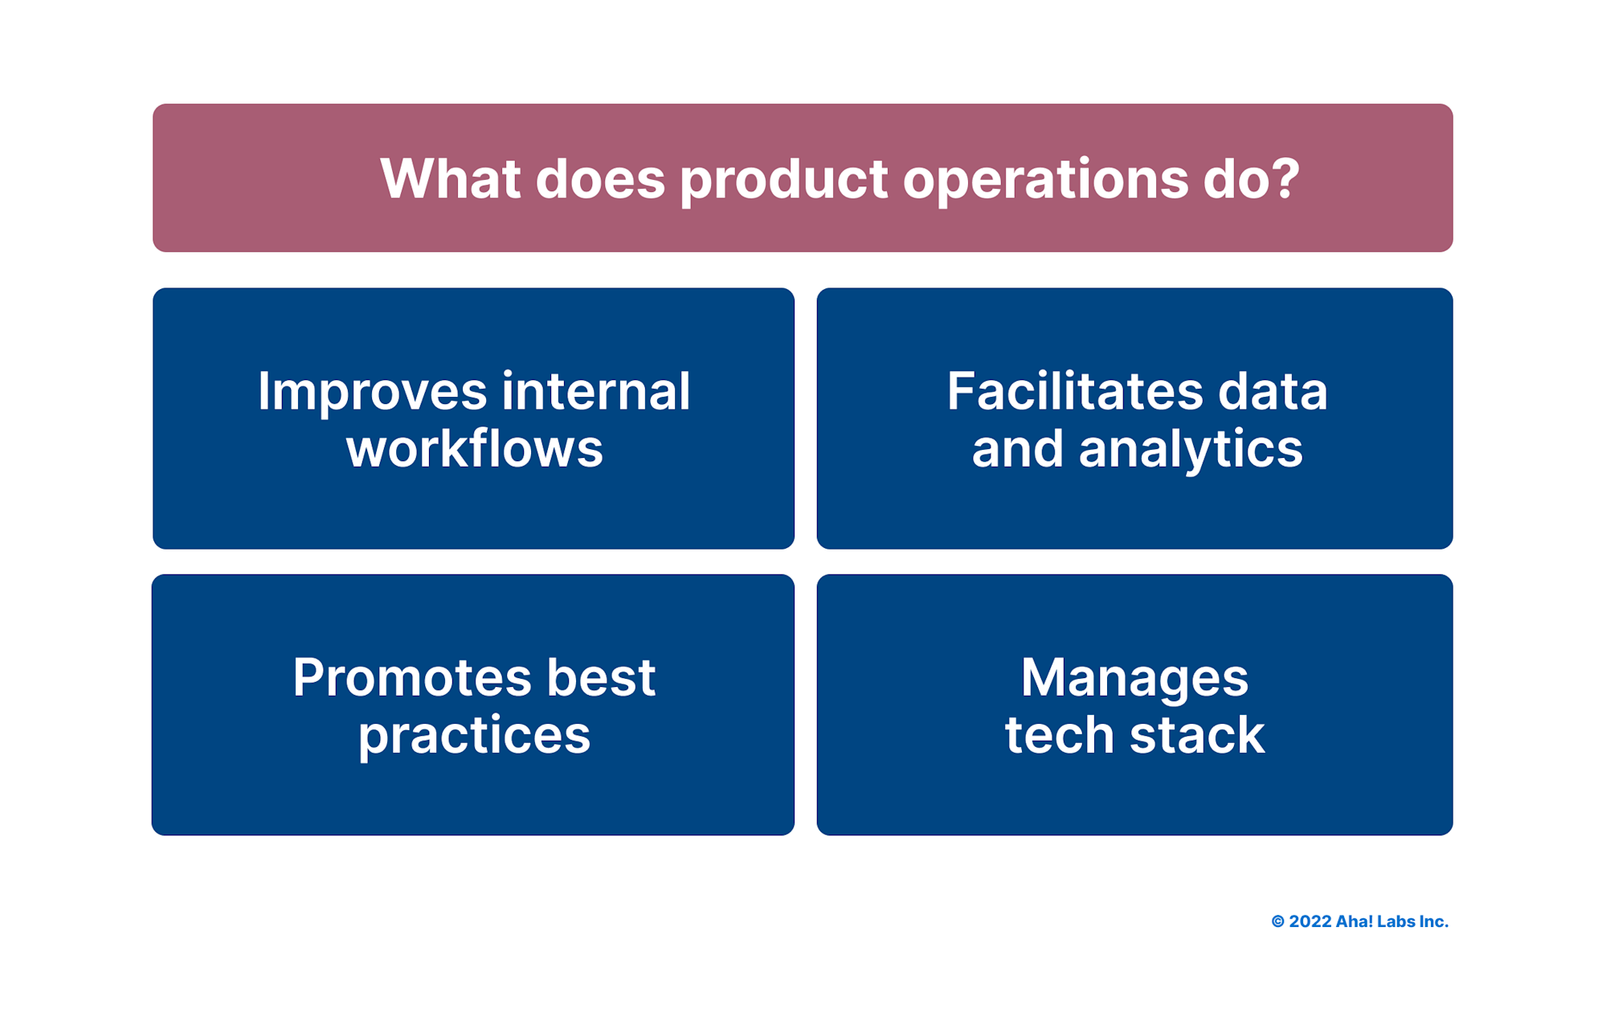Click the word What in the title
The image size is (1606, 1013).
pos(449,178)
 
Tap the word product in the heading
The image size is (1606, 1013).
pos(783,180)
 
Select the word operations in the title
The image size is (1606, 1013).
pos(1045,180)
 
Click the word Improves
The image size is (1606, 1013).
pos(372,392)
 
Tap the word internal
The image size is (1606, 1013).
pos(595,392)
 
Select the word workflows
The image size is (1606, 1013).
pos(474,448)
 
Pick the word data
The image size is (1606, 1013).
pos(1273,392)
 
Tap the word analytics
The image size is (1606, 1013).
pos(1190,450)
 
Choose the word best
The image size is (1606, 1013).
pos(601,677)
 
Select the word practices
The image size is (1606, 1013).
pos(474,736)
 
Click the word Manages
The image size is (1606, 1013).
pos(1134,679)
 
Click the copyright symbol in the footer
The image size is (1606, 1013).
pos(1277,921)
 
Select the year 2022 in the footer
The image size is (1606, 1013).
pos(1310,921)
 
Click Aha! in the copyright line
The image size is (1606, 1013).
pos(1354,921)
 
